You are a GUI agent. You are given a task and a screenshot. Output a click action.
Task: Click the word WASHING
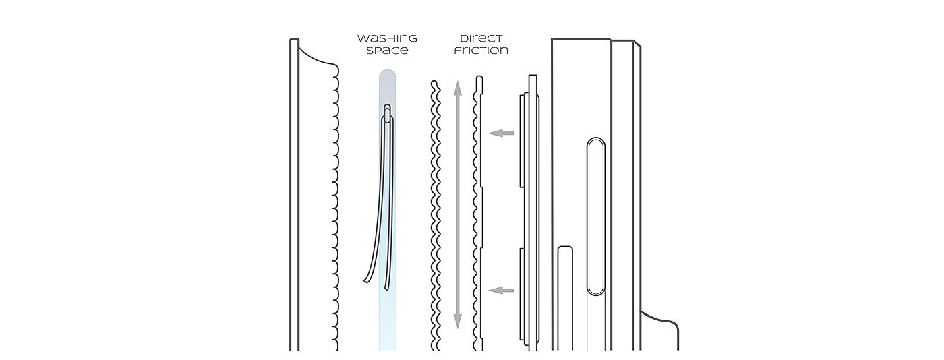(x=387, y=38)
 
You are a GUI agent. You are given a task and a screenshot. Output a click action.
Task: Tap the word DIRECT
(x=481, y=38)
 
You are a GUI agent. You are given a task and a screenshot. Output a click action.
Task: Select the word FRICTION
(x=481, y=51)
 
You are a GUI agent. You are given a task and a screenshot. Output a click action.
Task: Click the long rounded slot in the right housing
(x=595, y=216)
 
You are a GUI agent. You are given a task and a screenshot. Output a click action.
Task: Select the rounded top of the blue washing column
(x=387, y=74)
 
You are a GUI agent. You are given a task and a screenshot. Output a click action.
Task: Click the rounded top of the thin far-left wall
(x=294, y=40)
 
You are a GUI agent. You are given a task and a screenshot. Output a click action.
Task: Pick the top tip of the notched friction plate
(x=479, y=78)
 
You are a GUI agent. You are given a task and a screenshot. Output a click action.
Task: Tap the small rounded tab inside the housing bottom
(x=565, y=251)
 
